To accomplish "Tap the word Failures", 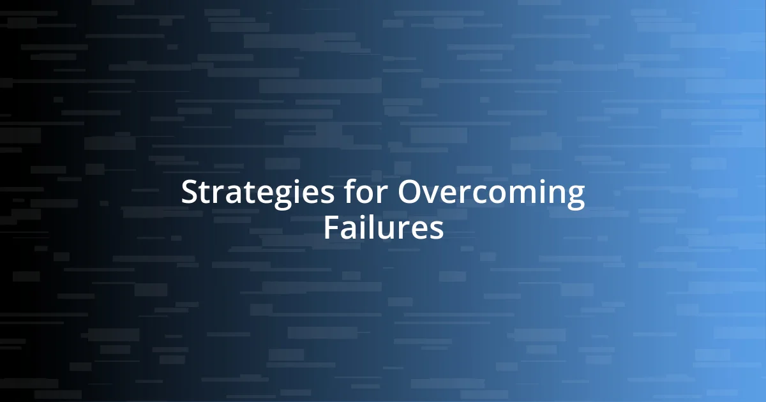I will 383,228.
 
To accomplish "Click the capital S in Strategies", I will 189,193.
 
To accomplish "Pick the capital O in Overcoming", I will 410,193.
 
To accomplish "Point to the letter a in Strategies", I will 237,195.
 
